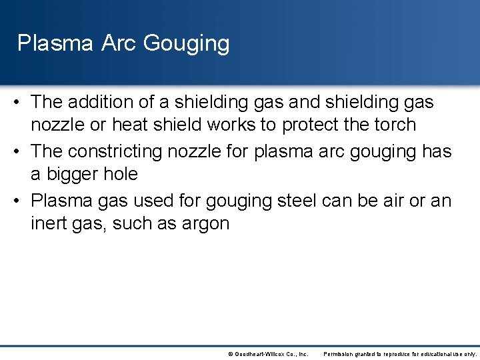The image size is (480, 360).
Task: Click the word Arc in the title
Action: tap(119, 43)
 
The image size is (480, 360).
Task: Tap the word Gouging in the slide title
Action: tap(186, 44)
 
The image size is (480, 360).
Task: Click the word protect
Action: tap(313, 125)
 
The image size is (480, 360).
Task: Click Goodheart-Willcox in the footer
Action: tap(261, 354)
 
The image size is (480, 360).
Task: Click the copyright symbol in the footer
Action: tap(231, 354)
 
